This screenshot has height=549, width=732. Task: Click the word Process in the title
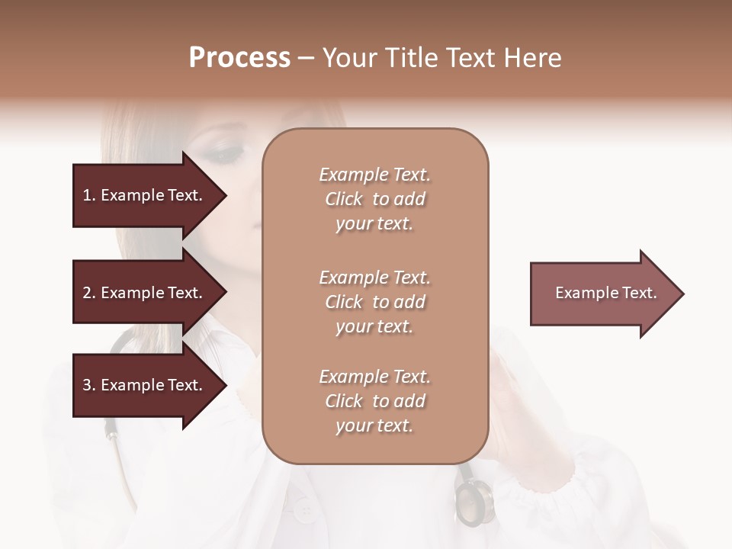(x=239, y=58)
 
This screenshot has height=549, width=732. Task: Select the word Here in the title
(x=533, y=58)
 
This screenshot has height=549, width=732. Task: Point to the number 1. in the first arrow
(x=88, y=195)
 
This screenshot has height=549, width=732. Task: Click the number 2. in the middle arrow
(x=88, y=293)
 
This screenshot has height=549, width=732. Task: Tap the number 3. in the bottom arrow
(x=88, y=385)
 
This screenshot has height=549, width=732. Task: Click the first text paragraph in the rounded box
(x=374, y=199)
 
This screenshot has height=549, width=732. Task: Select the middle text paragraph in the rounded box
(x=374, y=302)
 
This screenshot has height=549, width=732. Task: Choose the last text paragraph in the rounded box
(x=374, y=401)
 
